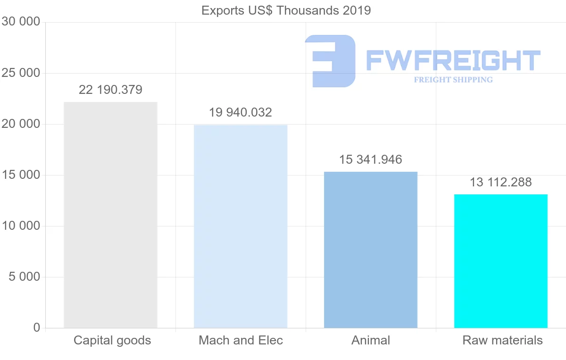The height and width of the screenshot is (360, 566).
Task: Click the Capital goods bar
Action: pos(110,215)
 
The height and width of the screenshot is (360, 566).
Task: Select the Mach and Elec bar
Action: pos(241,226)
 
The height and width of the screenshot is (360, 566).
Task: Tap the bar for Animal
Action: pos(371,250)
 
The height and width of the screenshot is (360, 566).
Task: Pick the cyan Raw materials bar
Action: pos(501,261)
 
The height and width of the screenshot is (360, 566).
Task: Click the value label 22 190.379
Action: pos(110,90)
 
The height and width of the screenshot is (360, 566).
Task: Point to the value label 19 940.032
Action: pos(241,112)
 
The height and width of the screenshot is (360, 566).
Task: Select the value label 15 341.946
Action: pos(371,159)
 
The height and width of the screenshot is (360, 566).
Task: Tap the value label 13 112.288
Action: pos(501,182)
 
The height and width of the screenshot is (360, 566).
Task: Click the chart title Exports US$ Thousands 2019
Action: pos(286,10)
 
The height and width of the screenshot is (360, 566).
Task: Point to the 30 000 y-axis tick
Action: pos(21,22)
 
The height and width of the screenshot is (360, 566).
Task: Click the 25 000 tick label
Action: pos(21,73)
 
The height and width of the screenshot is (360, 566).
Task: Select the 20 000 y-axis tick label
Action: pos(21,124)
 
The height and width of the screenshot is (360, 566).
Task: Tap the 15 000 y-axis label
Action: pos(21,175)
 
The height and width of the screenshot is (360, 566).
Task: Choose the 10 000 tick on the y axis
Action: pos(21,226)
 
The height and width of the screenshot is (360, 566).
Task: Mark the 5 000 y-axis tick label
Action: pos(25,277)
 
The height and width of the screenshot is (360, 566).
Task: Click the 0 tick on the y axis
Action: pos(37,328)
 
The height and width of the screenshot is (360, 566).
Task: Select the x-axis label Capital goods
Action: pos(112,340)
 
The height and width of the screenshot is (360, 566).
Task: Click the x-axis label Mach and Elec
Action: pos(241,340)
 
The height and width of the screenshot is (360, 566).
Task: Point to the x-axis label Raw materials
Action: pos(503,340)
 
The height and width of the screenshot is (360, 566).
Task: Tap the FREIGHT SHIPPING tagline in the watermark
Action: pos(453,80)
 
